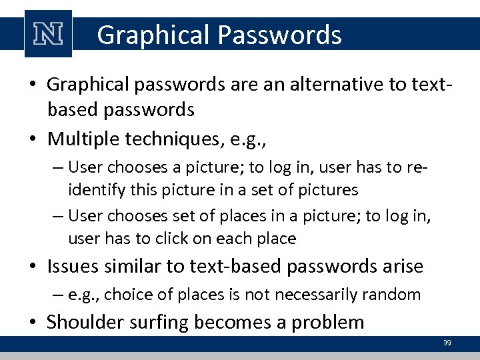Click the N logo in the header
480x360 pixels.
click(x=47, y=34)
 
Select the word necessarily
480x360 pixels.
click(x=315, y=294)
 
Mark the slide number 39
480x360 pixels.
click(x=447, y=343)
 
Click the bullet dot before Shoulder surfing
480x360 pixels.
click(x=35, y=323)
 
